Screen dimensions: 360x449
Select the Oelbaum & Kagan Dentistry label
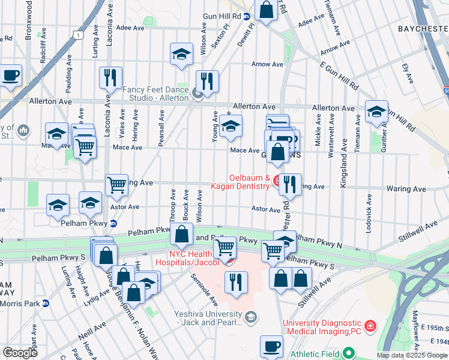[x=238, y=182]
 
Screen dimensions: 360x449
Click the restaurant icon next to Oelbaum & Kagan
[x=290, y=184]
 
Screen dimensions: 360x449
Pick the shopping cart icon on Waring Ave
[x=116, y=185]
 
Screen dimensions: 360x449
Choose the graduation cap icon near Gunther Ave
[x=376, y=111]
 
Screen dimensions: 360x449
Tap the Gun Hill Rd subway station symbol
[x=247, y=16]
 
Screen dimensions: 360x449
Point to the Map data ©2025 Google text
[x=411, y=355]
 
